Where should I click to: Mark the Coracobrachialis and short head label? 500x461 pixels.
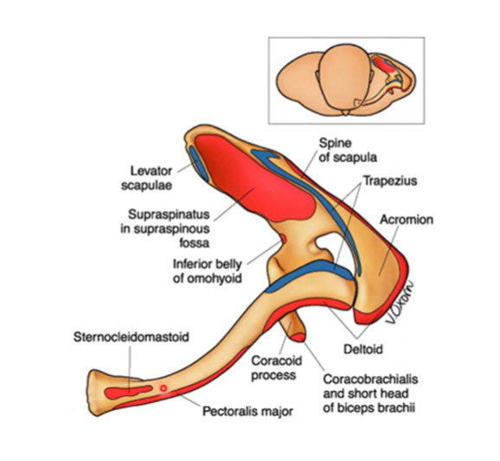pos(371,386)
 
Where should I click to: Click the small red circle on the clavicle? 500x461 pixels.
pos(163,388)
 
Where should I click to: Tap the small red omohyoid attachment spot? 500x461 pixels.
pos(281,237)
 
